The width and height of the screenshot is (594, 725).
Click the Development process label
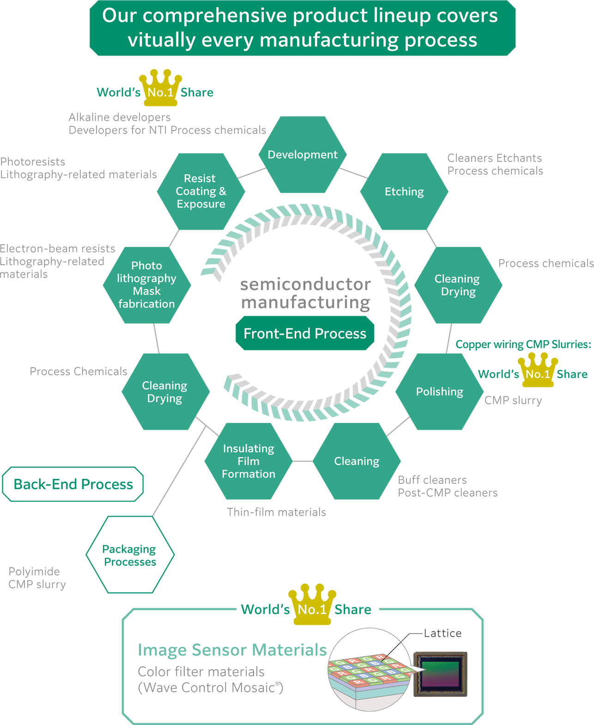(303, 155)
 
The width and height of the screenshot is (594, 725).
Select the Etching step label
(404, 192)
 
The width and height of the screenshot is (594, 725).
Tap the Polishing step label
(439, 392)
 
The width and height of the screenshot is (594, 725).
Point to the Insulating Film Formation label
(249, 461)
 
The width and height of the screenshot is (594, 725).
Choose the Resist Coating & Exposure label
(201, 191)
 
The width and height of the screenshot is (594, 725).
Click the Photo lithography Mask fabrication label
(146, 284)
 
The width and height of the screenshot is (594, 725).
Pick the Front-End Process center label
(305, 333)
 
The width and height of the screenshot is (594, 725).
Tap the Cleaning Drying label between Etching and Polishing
(457, 285)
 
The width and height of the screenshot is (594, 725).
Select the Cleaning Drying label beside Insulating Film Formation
(164, 392)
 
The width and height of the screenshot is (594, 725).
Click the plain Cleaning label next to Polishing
(357, 461)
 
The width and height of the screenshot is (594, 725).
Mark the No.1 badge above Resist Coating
(160, 92)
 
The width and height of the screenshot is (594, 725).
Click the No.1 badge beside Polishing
(538, 374)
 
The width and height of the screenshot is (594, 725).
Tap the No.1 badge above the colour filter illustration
(312, 610)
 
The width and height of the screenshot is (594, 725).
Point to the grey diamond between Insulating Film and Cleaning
(303, 461)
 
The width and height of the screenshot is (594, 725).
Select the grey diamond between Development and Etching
(353, 173)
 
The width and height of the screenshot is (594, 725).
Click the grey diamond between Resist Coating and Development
(252, 173)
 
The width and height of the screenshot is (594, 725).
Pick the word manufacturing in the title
(329, 40)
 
